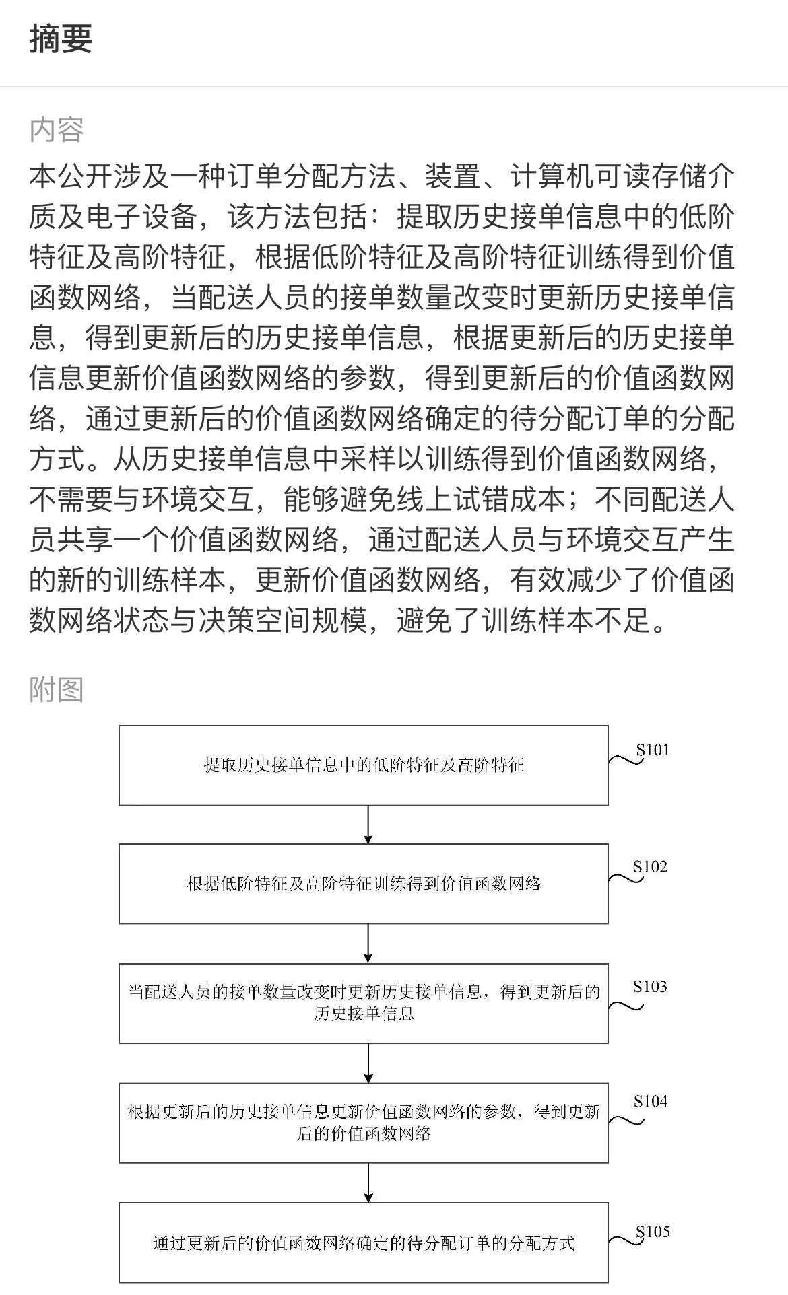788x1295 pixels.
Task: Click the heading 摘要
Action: click(x=61, y=38)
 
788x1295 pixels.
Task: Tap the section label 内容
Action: click(x=57, y=130)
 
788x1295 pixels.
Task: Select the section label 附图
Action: click(x=57, y=690)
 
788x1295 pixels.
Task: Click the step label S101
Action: click(x=653, y=750)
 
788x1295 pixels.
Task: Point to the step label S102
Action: click(x=650, y=867)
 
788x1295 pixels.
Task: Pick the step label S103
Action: click(x=650, y=987)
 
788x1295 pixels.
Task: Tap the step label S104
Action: click(x=651, y=1101)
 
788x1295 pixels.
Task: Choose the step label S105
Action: click(x=653, y=1232)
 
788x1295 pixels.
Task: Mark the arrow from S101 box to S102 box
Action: click(x=368, y=825)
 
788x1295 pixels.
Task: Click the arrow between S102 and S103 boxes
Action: click(x=368, y=944)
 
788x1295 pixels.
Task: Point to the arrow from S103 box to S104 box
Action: click(x=368, y=1063)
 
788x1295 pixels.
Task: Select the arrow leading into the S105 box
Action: click(x=368, y=1183)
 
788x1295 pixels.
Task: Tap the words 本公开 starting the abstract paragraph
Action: click(x=71, y=177)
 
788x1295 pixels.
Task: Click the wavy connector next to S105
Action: click(x=626, y=1240)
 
